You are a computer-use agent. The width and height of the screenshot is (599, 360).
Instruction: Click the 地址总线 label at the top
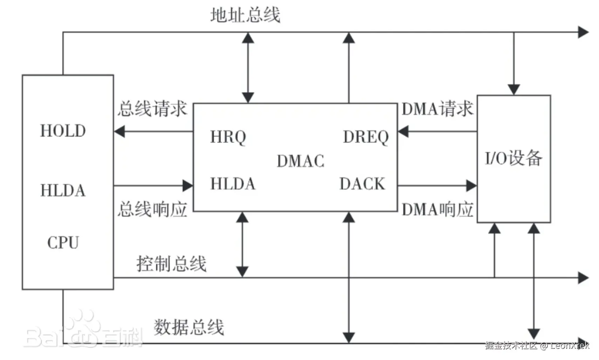(x=245, y=15)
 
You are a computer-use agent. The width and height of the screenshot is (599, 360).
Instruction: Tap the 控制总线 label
(x=171, y=264)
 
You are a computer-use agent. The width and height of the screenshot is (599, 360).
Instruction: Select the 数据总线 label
(x=189, y=327)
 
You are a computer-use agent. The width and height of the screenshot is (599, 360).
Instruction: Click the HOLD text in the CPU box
(x=63, y=131)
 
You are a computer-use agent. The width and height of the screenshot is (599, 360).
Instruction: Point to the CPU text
(x=63, y=243)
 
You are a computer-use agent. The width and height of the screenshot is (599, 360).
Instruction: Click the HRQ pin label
(x=228, y=137)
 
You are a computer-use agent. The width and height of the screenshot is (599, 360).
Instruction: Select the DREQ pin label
(x=366, y=137)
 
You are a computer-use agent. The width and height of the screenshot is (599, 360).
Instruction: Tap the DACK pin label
(x=362, y=184)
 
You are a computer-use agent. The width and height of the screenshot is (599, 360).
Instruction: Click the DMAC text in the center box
(x=300, y=161)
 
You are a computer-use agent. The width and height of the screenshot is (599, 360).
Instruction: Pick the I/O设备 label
(x=513, y=158)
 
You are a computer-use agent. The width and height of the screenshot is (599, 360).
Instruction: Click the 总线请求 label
(x=152, y=109)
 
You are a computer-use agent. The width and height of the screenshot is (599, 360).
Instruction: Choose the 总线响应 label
(x=152, y=210)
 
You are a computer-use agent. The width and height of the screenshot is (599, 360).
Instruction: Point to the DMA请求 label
(x=437, y=109)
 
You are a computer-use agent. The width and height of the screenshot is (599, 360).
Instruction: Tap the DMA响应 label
(x=437, y=210)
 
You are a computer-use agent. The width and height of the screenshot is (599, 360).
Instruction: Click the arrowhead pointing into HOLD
(x=120, y=132)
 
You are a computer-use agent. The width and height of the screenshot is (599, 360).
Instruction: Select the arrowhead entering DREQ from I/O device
(x=403, y=132)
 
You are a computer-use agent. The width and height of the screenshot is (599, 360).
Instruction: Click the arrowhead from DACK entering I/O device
(x=471, y=186)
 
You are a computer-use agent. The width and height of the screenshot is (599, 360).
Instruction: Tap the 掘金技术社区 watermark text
(x=511, y=346)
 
